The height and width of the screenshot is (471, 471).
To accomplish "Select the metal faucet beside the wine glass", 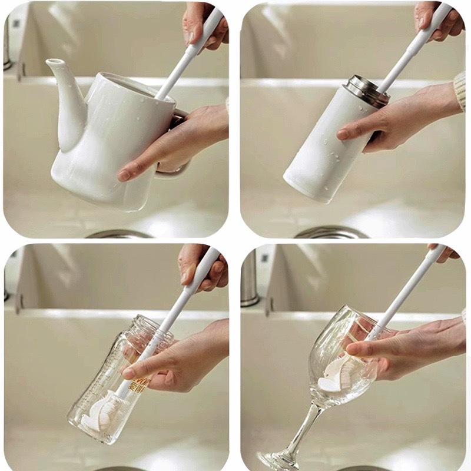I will (x=250, y=277).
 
